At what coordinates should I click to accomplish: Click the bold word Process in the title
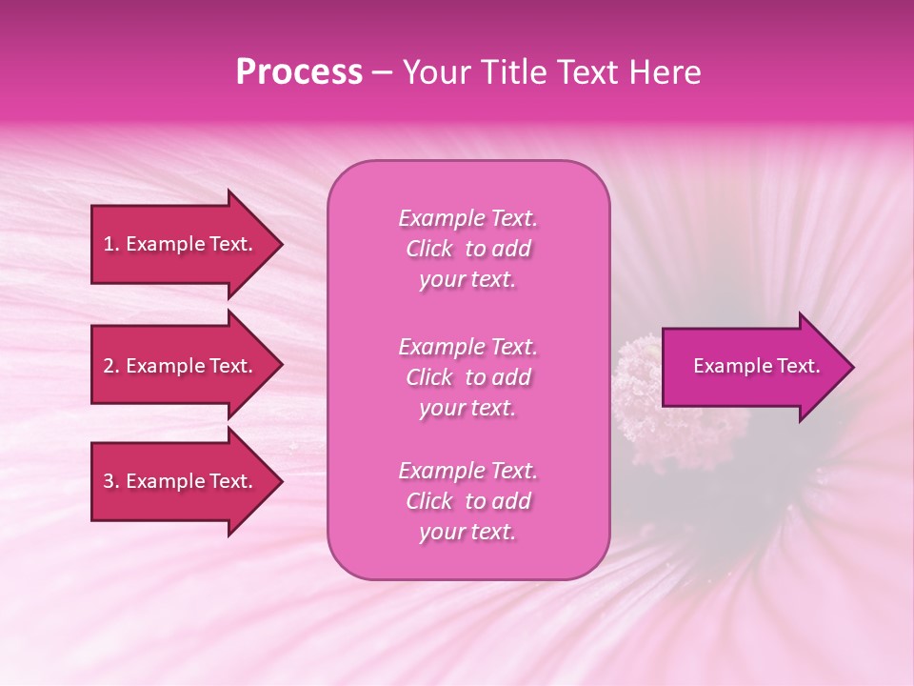pos(299,72)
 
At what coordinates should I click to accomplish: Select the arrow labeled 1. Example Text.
pos(181,244)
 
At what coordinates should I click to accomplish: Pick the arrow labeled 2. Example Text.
pos(181,366)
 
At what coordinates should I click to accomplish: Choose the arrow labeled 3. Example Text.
pos(181,481)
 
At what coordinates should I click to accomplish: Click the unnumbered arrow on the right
pos(752,367)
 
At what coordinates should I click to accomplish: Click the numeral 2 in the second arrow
pos(109,366)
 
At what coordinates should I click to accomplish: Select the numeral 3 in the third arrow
pos(109,481)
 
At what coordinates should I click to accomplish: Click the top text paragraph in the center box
pos(467,249)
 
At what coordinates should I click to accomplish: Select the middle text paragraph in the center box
pos(467,377)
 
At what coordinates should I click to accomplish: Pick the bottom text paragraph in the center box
pos(467,501)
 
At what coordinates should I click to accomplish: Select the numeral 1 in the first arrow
pos(108,244)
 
